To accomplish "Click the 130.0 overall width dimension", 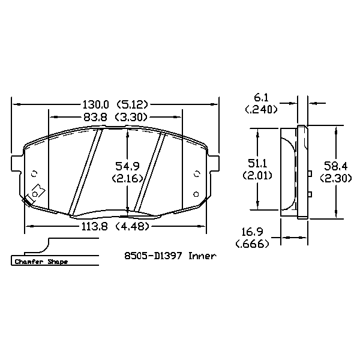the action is pos(95,104).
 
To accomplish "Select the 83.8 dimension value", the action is pos(95,118).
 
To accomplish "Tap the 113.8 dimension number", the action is pos(95,227).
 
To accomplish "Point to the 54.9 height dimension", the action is pos(127,166).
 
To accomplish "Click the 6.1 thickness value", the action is pos(261,98).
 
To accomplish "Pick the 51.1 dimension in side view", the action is pos(257,163).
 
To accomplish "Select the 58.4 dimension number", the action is pos(335,166).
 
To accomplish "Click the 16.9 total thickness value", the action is pos(252,232).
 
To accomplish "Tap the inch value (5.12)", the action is pos(132,104).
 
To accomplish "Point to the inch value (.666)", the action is pos(252,244).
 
